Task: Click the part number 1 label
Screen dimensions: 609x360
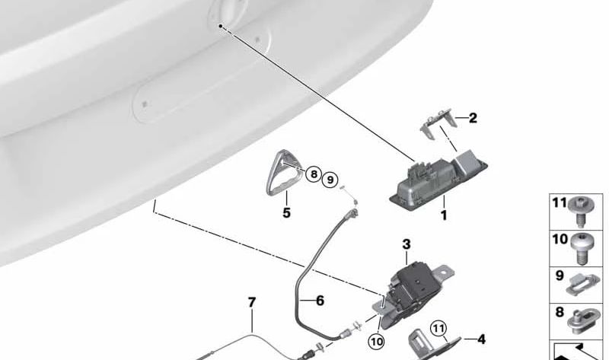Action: [444, 215]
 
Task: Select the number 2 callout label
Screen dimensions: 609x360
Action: [473, 118]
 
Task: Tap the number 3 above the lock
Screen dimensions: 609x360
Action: [407, 244]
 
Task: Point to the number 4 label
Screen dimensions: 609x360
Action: [481, 339]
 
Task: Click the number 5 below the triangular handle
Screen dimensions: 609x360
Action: [287, 213]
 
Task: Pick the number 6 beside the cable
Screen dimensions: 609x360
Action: [320, 300]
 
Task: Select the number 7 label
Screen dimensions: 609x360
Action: [252, 302]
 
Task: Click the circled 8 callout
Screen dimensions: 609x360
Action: [314, 174]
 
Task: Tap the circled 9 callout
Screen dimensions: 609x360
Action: [330, 180]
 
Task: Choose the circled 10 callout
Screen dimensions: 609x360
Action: [376, 342]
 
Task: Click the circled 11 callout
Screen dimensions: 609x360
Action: [438, 329]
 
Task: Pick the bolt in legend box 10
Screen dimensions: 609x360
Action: [581, 249]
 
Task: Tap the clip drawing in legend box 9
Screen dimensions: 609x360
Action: [582, 285]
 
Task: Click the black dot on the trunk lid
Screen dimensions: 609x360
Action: [220, 26]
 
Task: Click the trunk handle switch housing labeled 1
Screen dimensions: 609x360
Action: [439, 179]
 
